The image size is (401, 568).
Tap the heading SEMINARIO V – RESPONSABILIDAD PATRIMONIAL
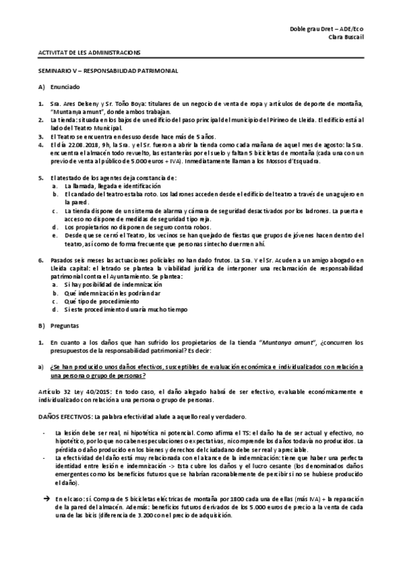107,70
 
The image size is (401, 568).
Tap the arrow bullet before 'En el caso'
46,500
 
